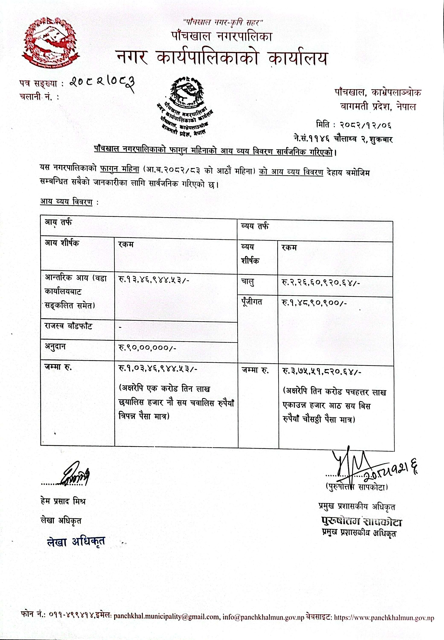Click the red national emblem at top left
pyautogui.click(x=50, y=43)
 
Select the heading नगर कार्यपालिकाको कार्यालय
pyautogui.click(x=221, y=58)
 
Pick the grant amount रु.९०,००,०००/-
pyautogui.click(x=147, y=348)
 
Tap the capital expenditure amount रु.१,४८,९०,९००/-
pyautogui.click(x=314, y=303)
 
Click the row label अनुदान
pyautogui.click(x=55, y=347)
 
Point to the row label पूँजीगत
pyautogui.click(x=252, y=302)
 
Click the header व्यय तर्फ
pyautogui.click(x=255, y=226)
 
